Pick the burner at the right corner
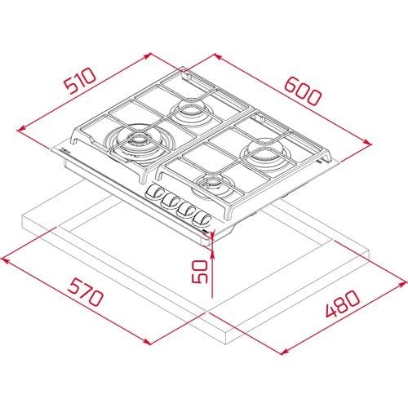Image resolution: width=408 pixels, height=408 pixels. click(265, 152)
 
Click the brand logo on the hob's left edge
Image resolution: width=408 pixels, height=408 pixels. click(66, 153)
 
